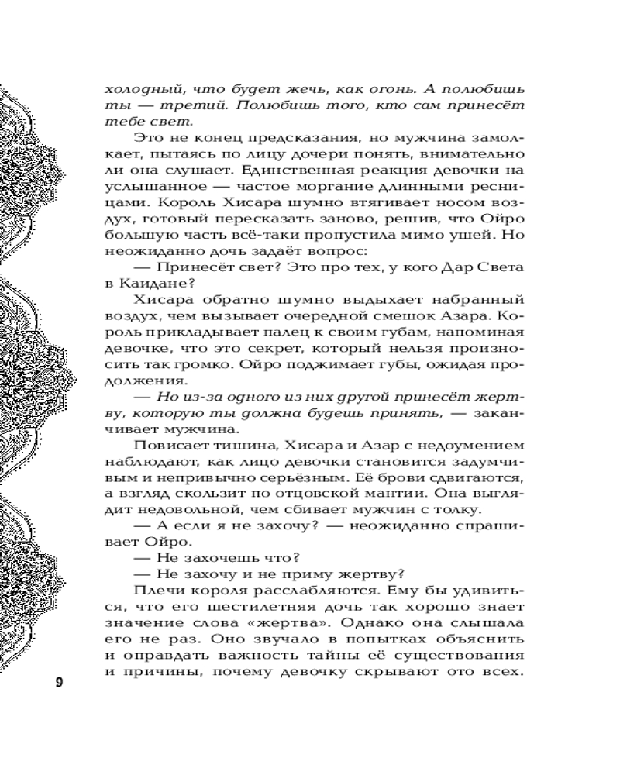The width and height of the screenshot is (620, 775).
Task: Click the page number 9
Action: [x=60, y=682]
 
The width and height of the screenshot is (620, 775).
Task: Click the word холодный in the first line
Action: [x=138, y=88]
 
